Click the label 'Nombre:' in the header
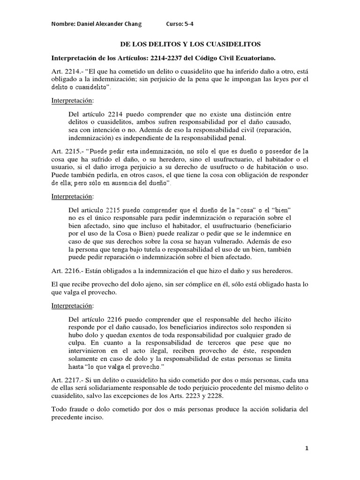(62, 24)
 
